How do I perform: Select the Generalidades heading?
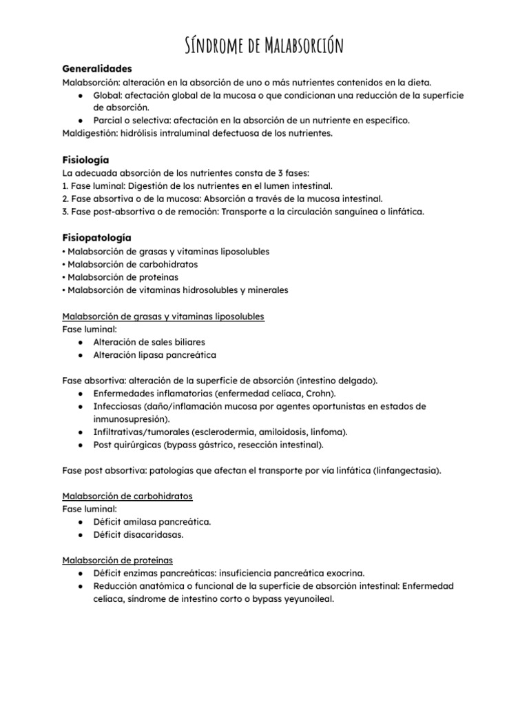point(97,69)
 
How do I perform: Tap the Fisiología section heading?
point(85,159)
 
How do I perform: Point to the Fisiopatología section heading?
point(96,237)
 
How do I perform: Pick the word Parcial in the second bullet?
point(109,120)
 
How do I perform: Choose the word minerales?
point(264,290)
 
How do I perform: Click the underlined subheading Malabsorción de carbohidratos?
point(127,496)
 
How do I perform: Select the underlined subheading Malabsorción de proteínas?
point(118,561)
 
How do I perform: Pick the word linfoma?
point(330,432)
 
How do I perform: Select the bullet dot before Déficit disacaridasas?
point(81,534)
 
